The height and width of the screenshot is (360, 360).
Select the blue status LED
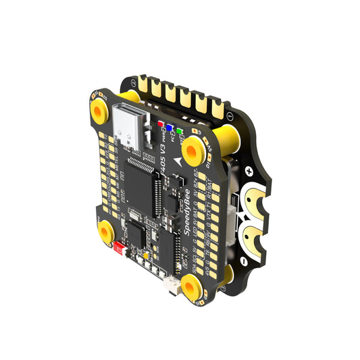point(172,128)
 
